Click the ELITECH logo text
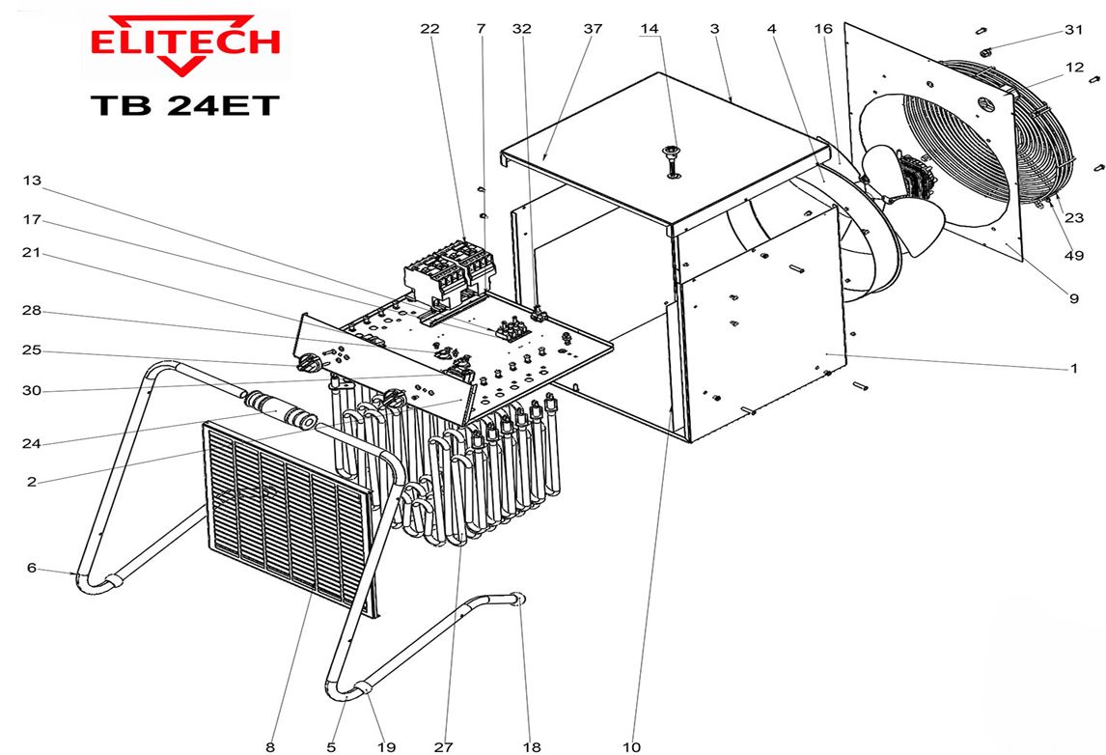[184, 42]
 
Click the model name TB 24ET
[184, 104]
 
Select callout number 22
[429, 29]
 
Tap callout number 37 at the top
[593, 29]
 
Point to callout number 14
[650, 29]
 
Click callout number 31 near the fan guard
[1074, 30]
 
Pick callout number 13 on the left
[32, 181]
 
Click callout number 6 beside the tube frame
[31, 568]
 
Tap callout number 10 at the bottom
[631, 746]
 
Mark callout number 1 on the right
[1074, 368]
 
